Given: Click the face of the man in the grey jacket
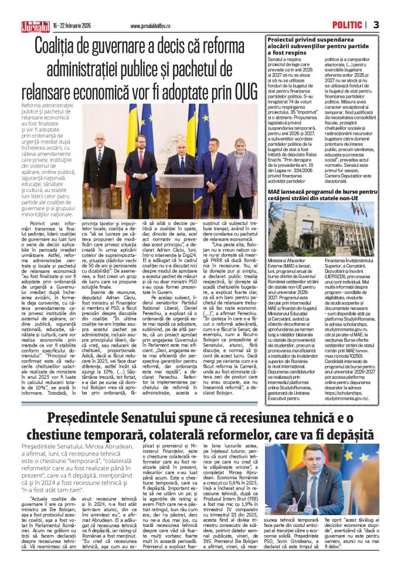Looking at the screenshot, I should pos(243,144).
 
